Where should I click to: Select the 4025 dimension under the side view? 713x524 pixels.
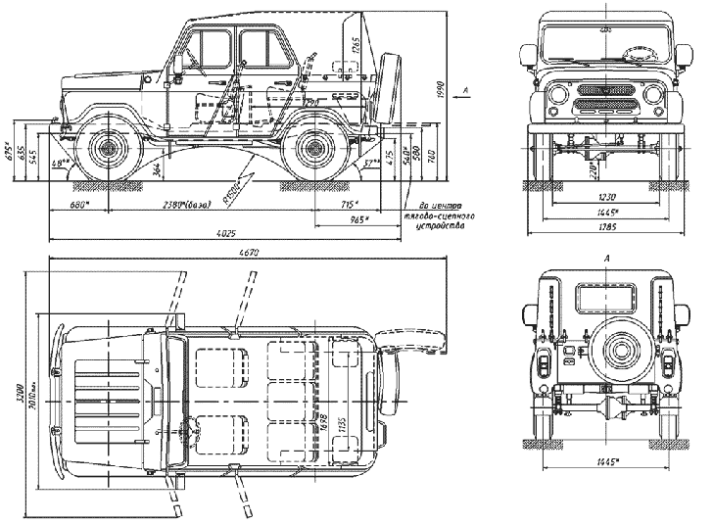[x=226, y=233]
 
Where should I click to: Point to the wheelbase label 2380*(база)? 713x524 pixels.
[x=192, y=205]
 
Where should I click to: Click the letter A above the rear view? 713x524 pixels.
[x=609, y=258]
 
